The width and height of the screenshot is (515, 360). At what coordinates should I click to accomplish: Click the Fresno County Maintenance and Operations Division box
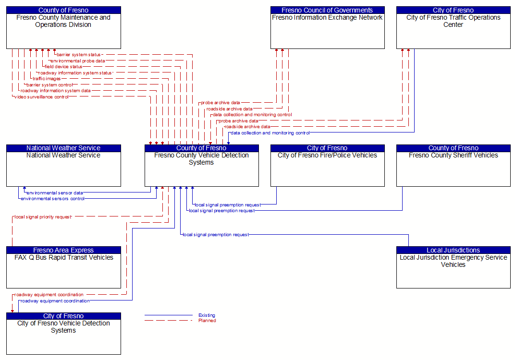click(63, 27)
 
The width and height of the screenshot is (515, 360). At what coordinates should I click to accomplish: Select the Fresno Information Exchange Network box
click(328, 27)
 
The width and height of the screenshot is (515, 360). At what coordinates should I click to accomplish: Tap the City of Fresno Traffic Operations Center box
click(453, 27)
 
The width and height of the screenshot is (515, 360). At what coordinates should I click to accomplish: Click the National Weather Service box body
click(63, 169)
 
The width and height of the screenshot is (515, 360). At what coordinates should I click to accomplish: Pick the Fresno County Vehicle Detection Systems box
click(202, 166)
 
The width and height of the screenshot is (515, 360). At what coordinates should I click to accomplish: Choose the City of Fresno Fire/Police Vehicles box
click(328, 166)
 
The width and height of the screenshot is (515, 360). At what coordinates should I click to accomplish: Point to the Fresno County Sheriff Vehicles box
click(453, 166)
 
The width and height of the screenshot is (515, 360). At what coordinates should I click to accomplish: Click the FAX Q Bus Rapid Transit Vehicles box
click(63, 267)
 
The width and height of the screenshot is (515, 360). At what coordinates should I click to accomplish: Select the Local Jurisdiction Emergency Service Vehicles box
click(453, 267)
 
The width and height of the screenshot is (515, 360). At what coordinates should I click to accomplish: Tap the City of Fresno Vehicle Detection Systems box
click(63, 334)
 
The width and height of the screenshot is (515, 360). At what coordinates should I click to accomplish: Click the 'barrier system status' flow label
click(78, 55)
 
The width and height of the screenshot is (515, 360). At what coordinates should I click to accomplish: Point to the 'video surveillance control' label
click(41, 97)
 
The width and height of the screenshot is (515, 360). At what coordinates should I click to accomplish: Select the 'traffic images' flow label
click(47, 79)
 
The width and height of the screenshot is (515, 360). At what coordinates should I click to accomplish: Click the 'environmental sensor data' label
click(54, 192)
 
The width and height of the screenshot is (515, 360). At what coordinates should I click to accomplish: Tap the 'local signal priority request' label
click(43, 217)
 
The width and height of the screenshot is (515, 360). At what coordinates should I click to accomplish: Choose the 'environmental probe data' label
click(78, 60)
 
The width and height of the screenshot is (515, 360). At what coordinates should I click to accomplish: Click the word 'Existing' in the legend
click(207, 315)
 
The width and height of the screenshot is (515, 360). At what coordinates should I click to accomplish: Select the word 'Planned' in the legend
click(207, 321)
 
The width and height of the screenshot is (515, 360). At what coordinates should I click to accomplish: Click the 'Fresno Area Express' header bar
click(63, 250)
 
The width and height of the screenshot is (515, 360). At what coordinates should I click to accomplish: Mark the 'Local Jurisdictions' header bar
click(453, 250)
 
